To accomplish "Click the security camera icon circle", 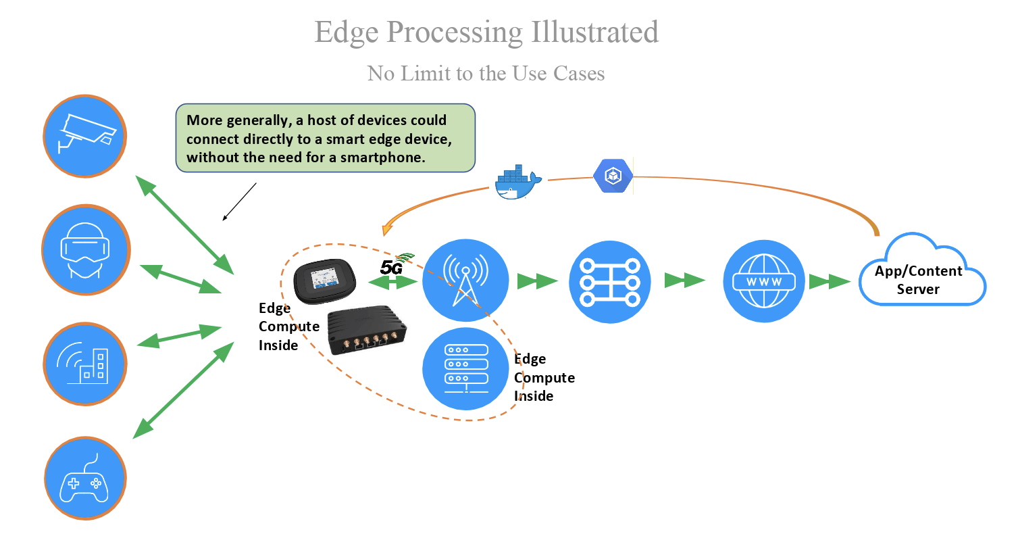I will click(x=85, y=136).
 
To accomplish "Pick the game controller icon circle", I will click(x=85, y=477).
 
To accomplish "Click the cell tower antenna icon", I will click(x=465, y=279).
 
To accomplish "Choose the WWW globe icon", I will click(x=763, y=280).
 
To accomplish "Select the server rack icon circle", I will click(x=465, y=368).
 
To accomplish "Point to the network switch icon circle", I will click(x=610, y=280).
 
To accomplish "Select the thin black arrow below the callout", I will click(x=240, y=201).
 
